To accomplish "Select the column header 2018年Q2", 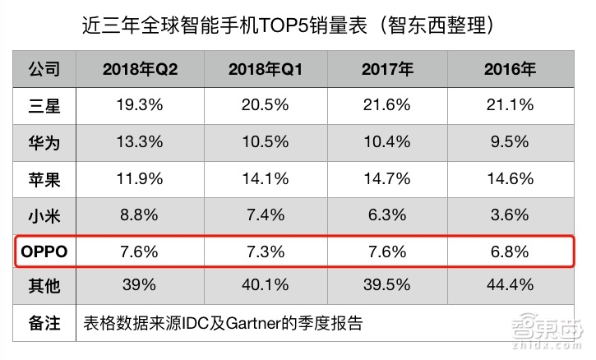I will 141,70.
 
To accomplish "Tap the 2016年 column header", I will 510,70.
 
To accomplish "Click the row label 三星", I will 44,105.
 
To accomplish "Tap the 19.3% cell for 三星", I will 141,105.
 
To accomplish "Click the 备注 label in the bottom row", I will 44,323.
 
